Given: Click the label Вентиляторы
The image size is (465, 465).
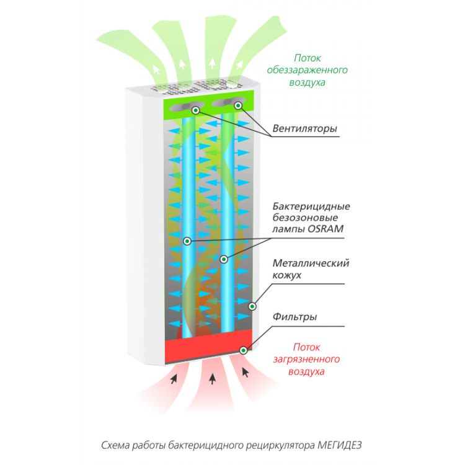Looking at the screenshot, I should coord(304,129).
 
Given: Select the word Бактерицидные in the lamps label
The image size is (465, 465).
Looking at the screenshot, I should coord(311,206).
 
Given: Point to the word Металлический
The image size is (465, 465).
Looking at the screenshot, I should coord(311,263).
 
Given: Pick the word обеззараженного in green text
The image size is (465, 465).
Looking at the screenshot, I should coord(307,70).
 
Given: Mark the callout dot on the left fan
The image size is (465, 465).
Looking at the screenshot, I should coord(195,110).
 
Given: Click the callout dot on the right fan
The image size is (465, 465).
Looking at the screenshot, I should coord(237,106).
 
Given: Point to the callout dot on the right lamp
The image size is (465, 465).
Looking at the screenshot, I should coord(224,258).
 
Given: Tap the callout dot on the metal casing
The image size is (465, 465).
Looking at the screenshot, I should coord(252,306).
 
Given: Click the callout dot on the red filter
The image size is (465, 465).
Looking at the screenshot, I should coord(243,350).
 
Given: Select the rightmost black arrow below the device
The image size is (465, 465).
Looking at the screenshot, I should coord(246,372).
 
